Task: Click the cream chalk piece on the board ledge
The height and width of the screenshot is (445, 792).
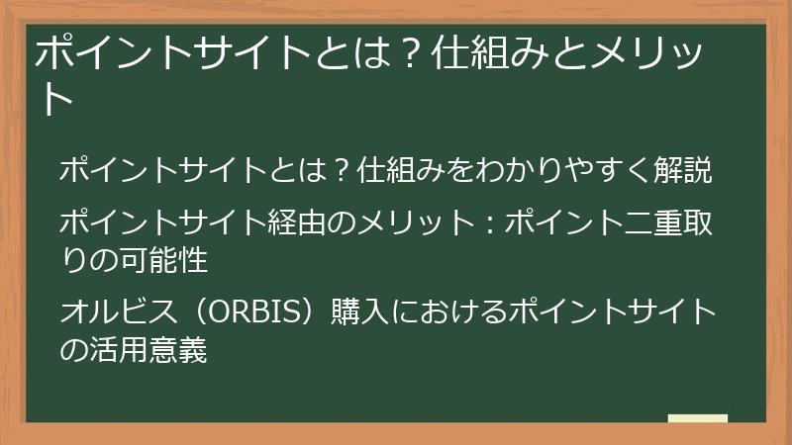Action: (697, 418)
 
